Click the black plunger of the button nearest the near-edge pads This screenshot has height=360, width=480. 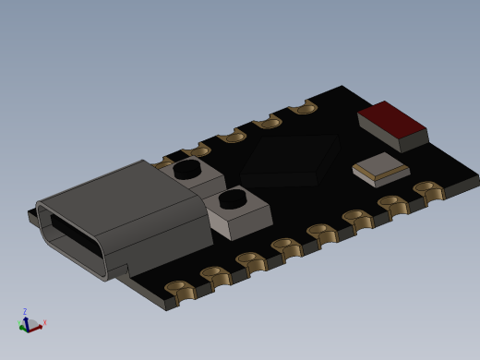point(233,198)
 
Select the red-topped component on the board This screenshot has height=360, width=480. point(391,120)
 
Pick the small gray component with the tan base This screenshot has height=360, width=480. point(380,167)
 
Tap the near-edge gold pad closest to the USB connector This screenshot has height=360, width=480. point(180,288)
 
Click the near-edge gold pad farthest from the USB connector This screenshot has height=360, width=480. point(427,188)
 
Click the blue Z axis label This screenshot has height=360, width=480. point(25,312)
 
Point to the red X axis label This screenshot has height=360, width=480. point(44,322)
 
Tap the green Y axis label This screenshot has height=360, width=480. point(21,328)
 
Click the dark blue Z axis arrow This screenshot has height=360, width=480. point(26,320)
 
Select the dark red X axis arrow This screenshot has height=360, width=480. point(36,326)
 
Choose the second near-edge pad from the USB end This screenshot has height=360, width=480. point(216,274)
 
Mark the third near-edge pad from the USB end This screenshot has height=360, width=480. point(250,259)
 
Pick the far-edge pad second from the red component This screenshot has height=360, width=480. point(268,122)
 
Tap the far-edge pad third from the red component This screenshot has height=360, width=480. point(232,137)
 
